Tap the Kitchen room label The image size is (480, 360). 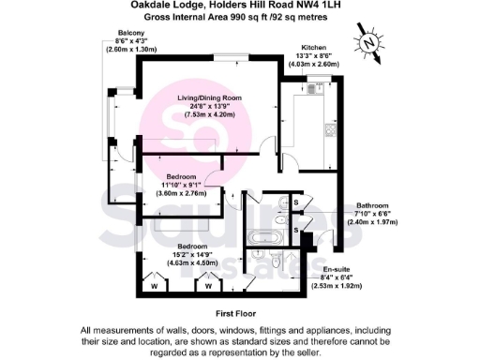[x=313, y=47]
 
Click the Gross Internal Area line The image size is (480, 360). [x=239, y=17]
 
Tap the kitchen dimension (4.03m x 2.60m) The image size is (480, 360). [x=313, y=64]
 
